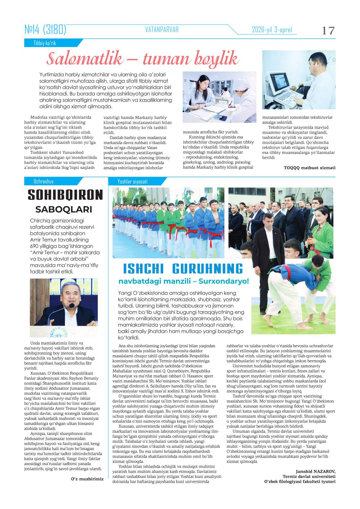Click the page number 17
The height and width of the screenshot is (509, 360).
(x=328, y=31)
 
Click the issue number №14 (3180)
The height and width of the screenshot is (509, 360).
(x=45, y=30)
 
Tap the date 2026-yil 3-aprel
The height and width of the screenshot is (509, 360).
(x=272, y=30)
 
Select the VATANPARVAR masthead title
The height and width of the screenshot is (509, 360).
(x=162, y=30)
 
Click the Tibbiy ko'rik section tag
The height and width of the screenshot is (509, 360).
(x=45, y=43)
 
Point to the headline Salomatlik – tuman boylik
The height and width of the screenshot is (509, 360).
(x=143, y=60)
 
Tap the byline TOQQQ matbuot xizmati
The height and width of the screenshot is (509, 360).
(x=309, y=167)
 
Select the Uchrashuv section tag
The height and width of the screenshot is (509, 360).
(x=44, y=181)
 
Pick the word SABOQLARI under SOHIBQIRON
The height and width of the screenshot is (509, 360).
(x=63, y=209)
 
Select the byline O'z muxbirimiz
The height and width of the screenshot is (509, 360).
(x=87, y=479)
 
